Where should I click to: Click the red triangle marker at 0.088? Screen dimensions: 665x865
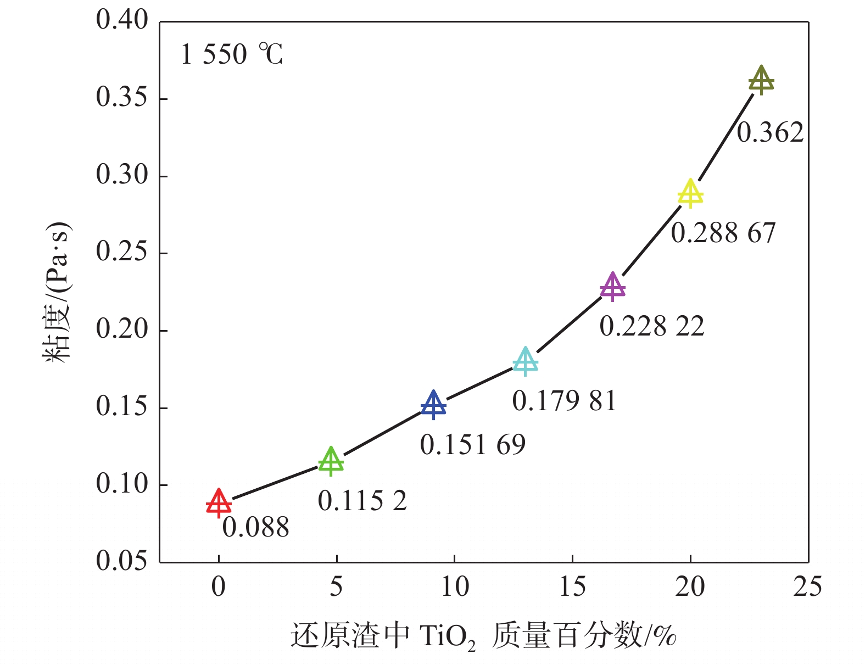coord(219,503)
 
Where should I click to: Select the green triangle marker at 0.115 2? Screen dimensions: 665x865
coord(331,461)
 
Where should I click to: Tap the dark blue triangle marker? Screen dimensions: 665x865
coord(433,405)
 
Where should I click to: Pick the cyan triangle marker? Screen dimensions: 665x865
coord(526,362)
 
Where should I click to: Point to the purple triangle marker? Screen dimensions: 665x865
coord(612,287)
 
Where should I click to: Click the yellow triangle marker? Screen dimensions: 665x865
coord(690,194)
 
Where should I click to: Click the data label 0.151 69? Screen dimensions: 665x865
coord(473,444)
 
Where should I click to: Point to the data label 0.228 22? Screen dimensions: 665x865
coord(652,326)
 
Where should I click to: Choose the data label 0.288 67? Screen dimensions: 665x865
coord(723,233)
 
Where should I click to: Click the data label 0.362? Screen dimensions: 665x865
coord(770,132)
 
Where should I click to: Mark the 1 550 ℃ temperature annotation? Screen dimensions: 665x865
coord(232,54)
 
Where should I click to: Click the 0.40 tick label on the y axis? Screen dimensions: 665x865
coord(122,20)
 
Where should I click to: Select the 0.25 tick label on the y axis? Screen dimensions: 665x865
coord(122,252)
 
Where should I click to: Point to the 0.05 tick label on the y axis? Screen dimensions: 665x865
coord(122,561)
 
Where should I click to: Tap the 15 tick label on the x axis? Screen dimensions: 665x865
coord(572,587)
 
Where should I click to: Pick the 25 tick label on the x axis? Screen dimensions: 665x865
coord(807,587)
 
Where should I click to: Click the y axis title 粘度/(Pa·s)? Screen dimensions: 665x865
coord(57,291)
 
